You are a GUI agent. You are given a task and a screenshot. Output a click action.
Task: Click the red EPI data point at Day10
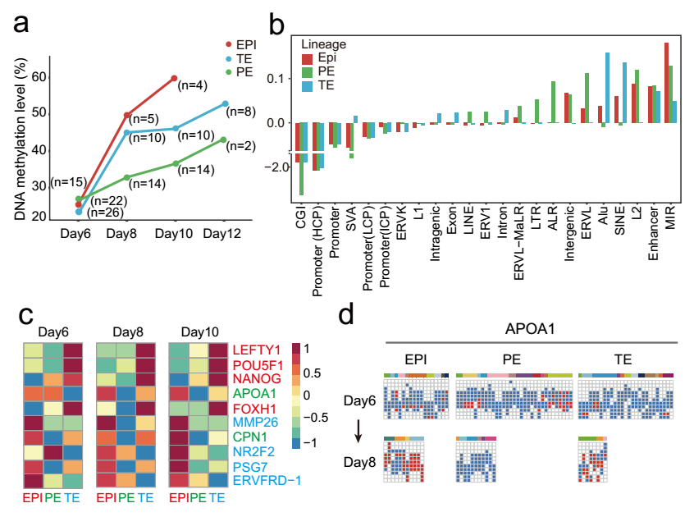tap(174, 78)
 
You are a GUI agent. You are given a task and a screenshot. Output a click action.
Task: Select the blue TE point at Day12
tap(225, 103)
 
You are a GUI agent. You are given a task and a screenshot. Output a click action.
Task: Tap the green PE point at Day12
tap(225, 140)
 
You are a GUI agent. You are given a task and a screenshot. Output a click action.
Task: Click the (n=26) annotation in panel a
tap(104, 213)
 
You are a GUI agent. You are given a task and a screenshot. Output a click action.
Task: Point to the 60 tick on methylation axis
tap(39, 77)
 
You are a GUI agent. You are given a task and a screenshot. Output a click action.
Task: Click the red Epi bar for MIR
tap(666, 83)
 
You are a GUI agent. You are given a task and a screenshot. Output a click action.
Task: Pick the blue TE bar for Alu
tap(607, 88)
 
